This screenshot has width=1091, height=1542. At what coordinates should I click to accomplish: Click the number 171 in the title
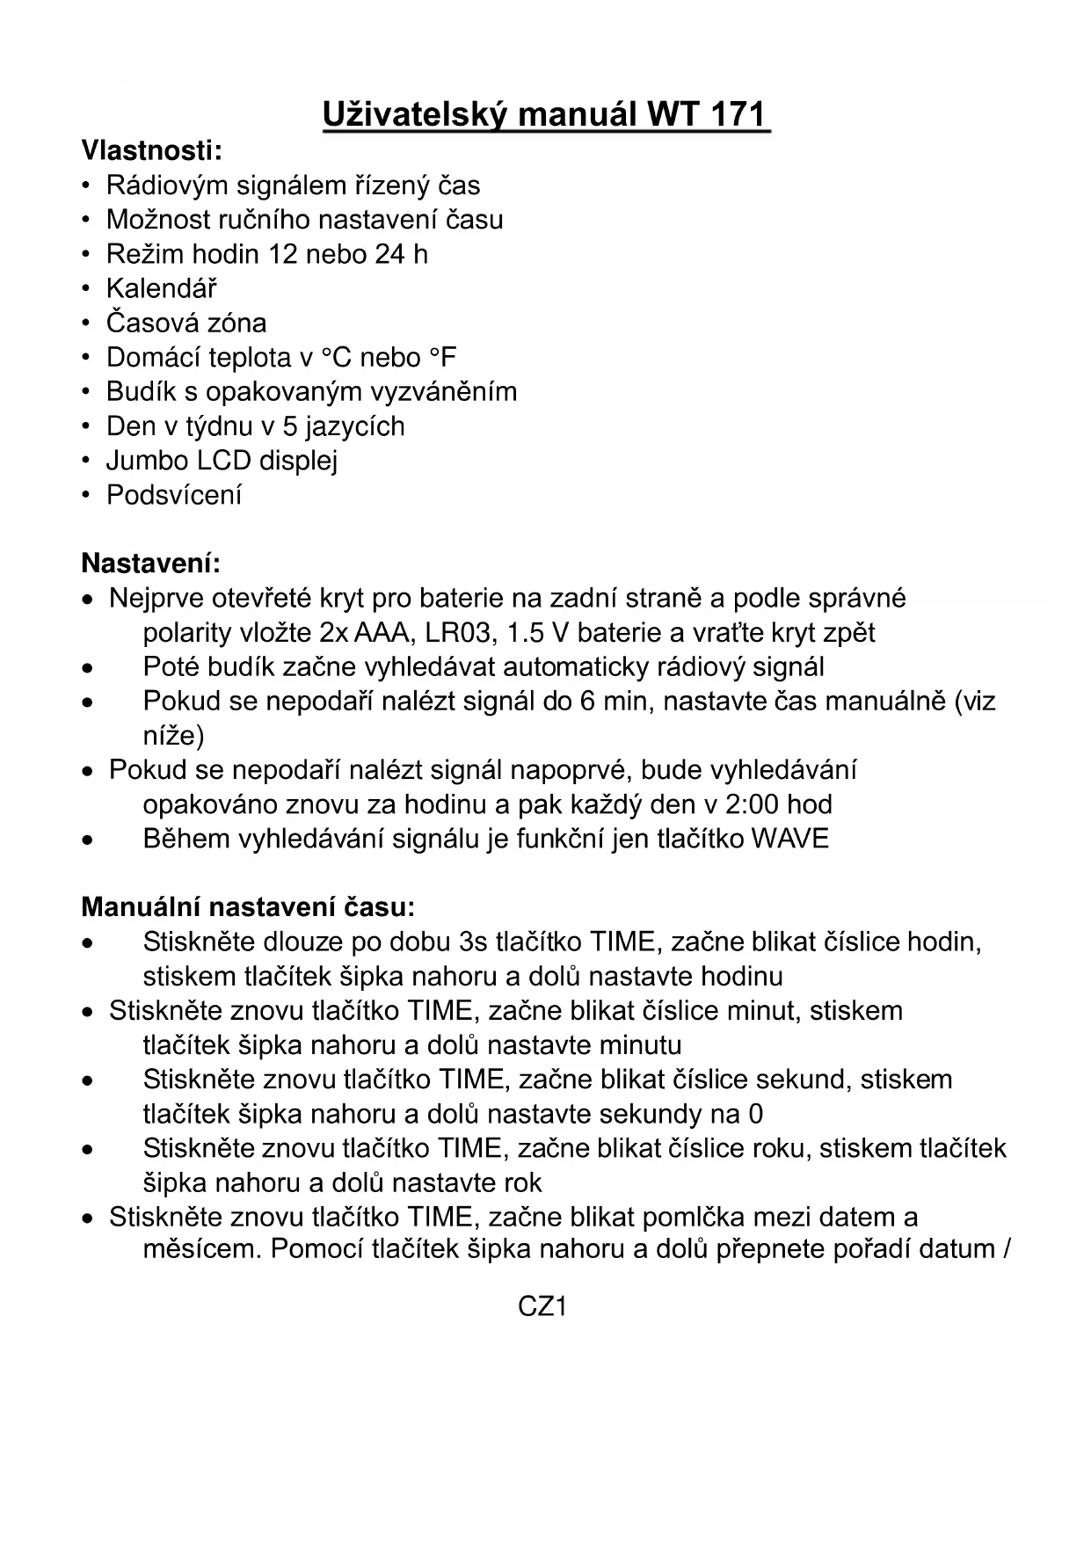coord(734,115)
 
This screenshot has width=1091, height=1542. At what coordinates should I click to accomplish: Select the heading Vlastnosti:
coord(152,150)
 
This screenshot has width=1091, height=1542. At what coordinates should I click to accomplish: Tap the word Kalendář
coord(162,288)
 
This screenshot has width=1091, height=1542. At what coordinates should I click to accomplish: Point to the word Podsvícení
coord(174,495)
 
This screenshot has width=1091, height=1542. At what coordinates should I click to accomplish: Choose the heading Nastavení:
coord(150,563)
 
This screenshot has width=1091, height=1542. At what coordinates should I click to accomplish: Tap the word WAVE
coord(789,839)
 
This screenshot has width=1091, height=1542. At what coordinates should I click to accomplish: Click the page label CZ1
coord(542,1306)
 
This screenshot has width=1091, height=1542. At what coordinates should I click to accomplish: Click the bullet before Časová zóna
coord(86,324)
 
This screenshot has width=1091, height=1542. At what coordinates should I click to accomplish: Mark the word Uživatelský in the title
coord(413,115)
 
